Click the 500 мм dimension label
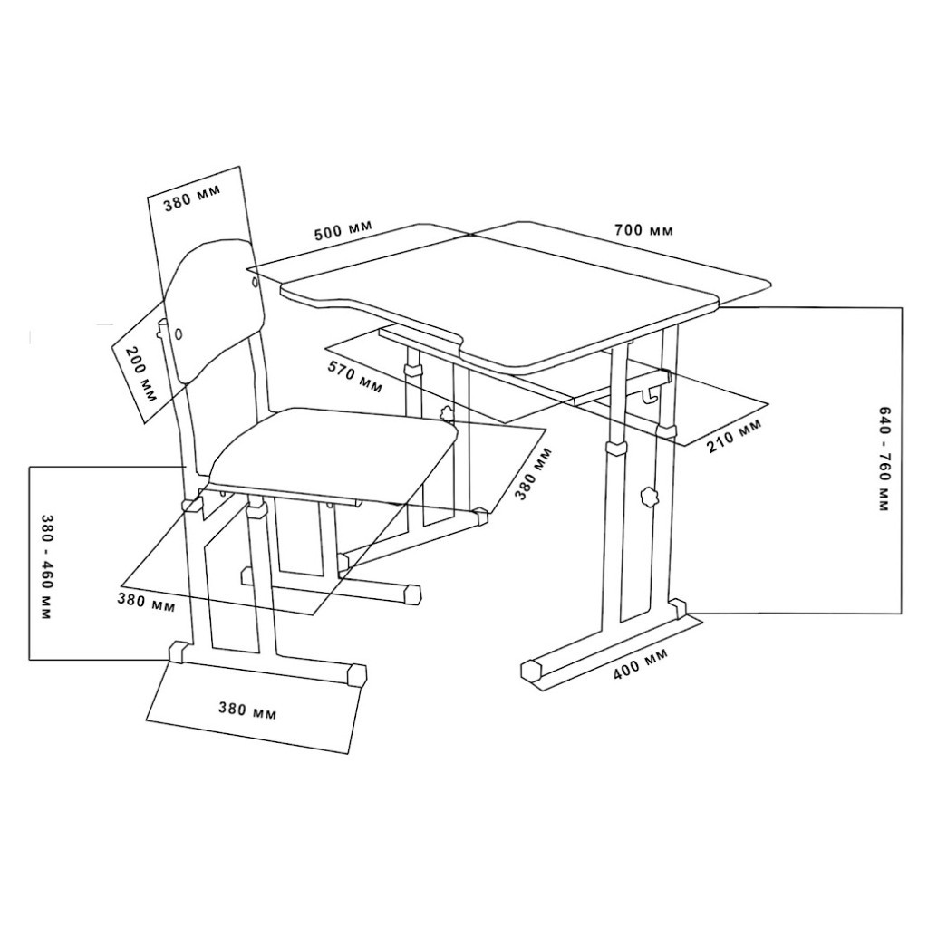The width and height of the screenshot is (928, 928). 343,229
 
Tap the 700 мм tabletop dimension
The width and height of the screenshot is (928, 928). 643,229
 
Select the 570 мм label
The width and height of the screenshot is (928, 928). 355,378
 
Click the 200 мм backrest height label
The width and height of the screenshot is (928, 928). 141,375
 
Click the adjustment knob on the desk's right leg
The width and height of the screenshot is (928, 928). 649,496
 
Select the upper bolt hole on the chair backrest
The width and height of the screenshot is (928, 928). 255,283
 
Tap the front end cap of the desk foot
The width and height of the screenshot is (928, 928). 531,670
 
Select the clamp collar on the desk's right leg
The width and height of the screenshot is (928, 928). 616,447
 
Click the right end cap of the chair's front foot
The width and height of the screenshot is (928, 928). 357,675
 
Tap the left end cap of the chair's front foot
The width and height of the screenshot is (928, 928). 179,652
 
